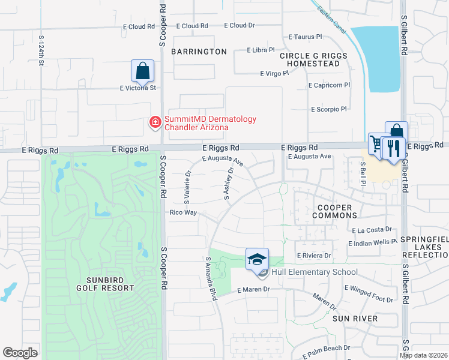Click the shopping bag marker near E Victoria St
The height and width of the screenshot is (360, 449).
coord(142,71)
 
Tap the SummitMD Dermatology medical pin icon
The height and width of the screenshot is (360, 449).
coord(155,123)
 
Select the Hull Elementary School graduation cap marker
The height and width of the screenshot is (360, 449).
coord(257,259)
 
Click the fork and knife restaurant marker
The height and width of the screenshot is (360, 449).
coord(394,148)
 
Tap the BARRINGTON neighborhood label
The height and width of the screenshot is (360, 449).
coord(199,52)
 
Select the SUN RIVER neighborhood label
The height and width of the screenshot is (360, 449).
coord(357,319)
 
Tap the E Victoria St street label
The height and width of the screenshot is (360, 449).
coord(137,88)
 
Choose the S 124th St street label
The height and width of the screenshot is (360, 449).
coord(42,50)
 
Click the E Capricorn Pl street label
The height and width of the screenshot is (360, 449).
coord(329,85)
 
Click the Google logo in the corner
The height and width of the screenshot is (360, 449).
coord(20,353)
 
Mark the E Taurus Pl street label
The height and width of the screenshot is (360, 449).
coord(306,37)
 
